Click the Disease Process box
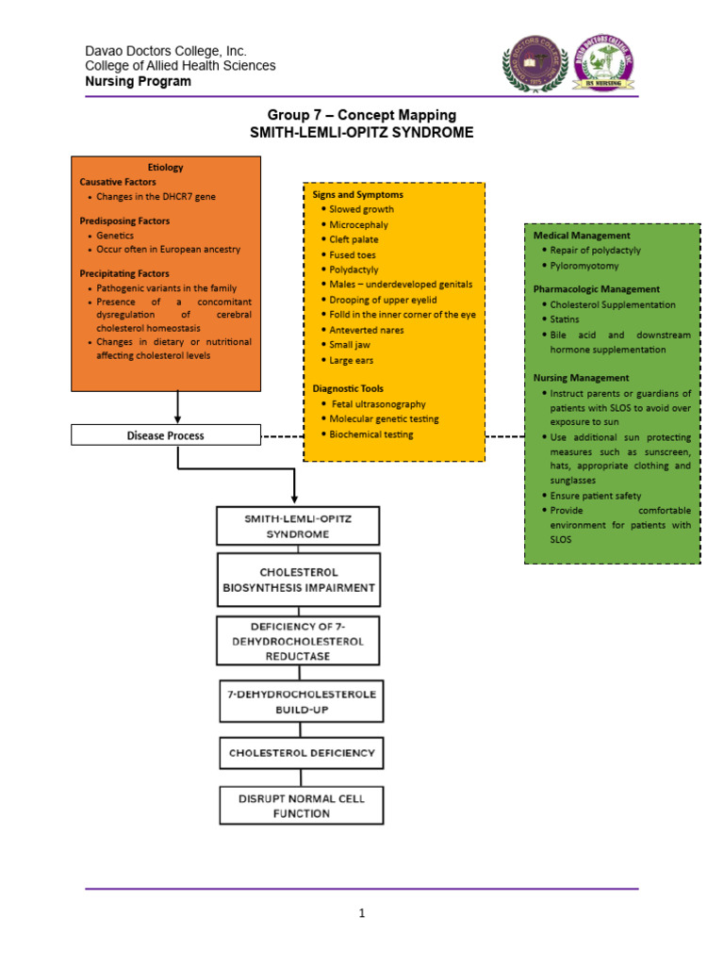[x=166, y=435]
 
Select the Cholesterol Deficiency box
[x=302, y=753]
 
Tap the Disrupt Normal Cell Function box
[x=302, y=806]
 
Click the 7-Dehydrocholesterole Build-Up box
[x=302, y=701]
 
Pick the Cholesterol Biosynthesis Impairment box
[x=299, y=580]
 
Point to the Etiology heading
[x=166, y=167]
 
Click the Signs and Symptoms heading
[x=357, y=194]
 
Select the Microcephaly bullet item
[x=358, y=224]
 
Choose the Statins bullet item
[x=566, y=319]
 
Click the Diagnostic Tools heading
[x=348, y=388]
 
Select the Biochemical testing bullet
[x=370, y=434]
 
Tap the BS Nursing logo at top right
[x=604, y=66]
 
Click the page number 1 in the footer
[x=361, y=913]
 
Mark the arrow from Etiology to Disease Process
[x=177, y=407]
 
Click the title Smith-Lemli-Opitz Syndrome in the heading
[x=361, y=133]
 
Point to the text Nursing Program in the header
[x=138, y=81]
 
